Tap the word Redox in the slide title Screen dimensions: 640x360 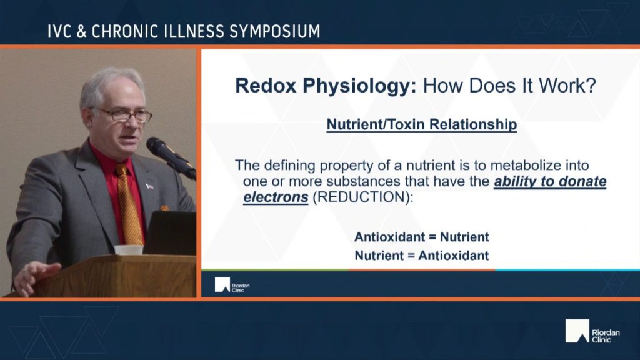[265, 86]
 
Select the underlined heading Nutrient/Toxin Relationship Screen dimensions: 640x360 [422, 124]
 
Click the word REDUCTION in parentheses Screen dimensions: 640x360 [361, 197]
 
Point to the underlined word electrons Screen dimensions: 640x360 [276, 197]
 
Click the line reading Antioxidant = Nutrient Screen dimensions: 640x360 [422, 237]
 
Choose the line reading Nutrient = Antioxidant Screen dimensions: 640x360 [422, 256]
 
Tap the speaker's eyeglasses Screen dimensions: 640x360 [122, 115]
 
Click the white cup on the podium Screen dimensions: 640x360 [129, 250]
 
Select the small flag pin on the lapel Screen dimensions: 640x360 [150, 186]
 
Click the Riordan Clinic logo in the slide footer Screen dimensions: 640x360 [232, 285]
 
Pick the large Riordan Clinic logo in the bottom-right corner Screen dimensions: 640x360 [592, 331]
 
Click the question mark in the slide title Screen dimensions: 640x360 [590, 86]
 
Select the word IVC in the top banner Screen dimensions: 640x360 [59, 31]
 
